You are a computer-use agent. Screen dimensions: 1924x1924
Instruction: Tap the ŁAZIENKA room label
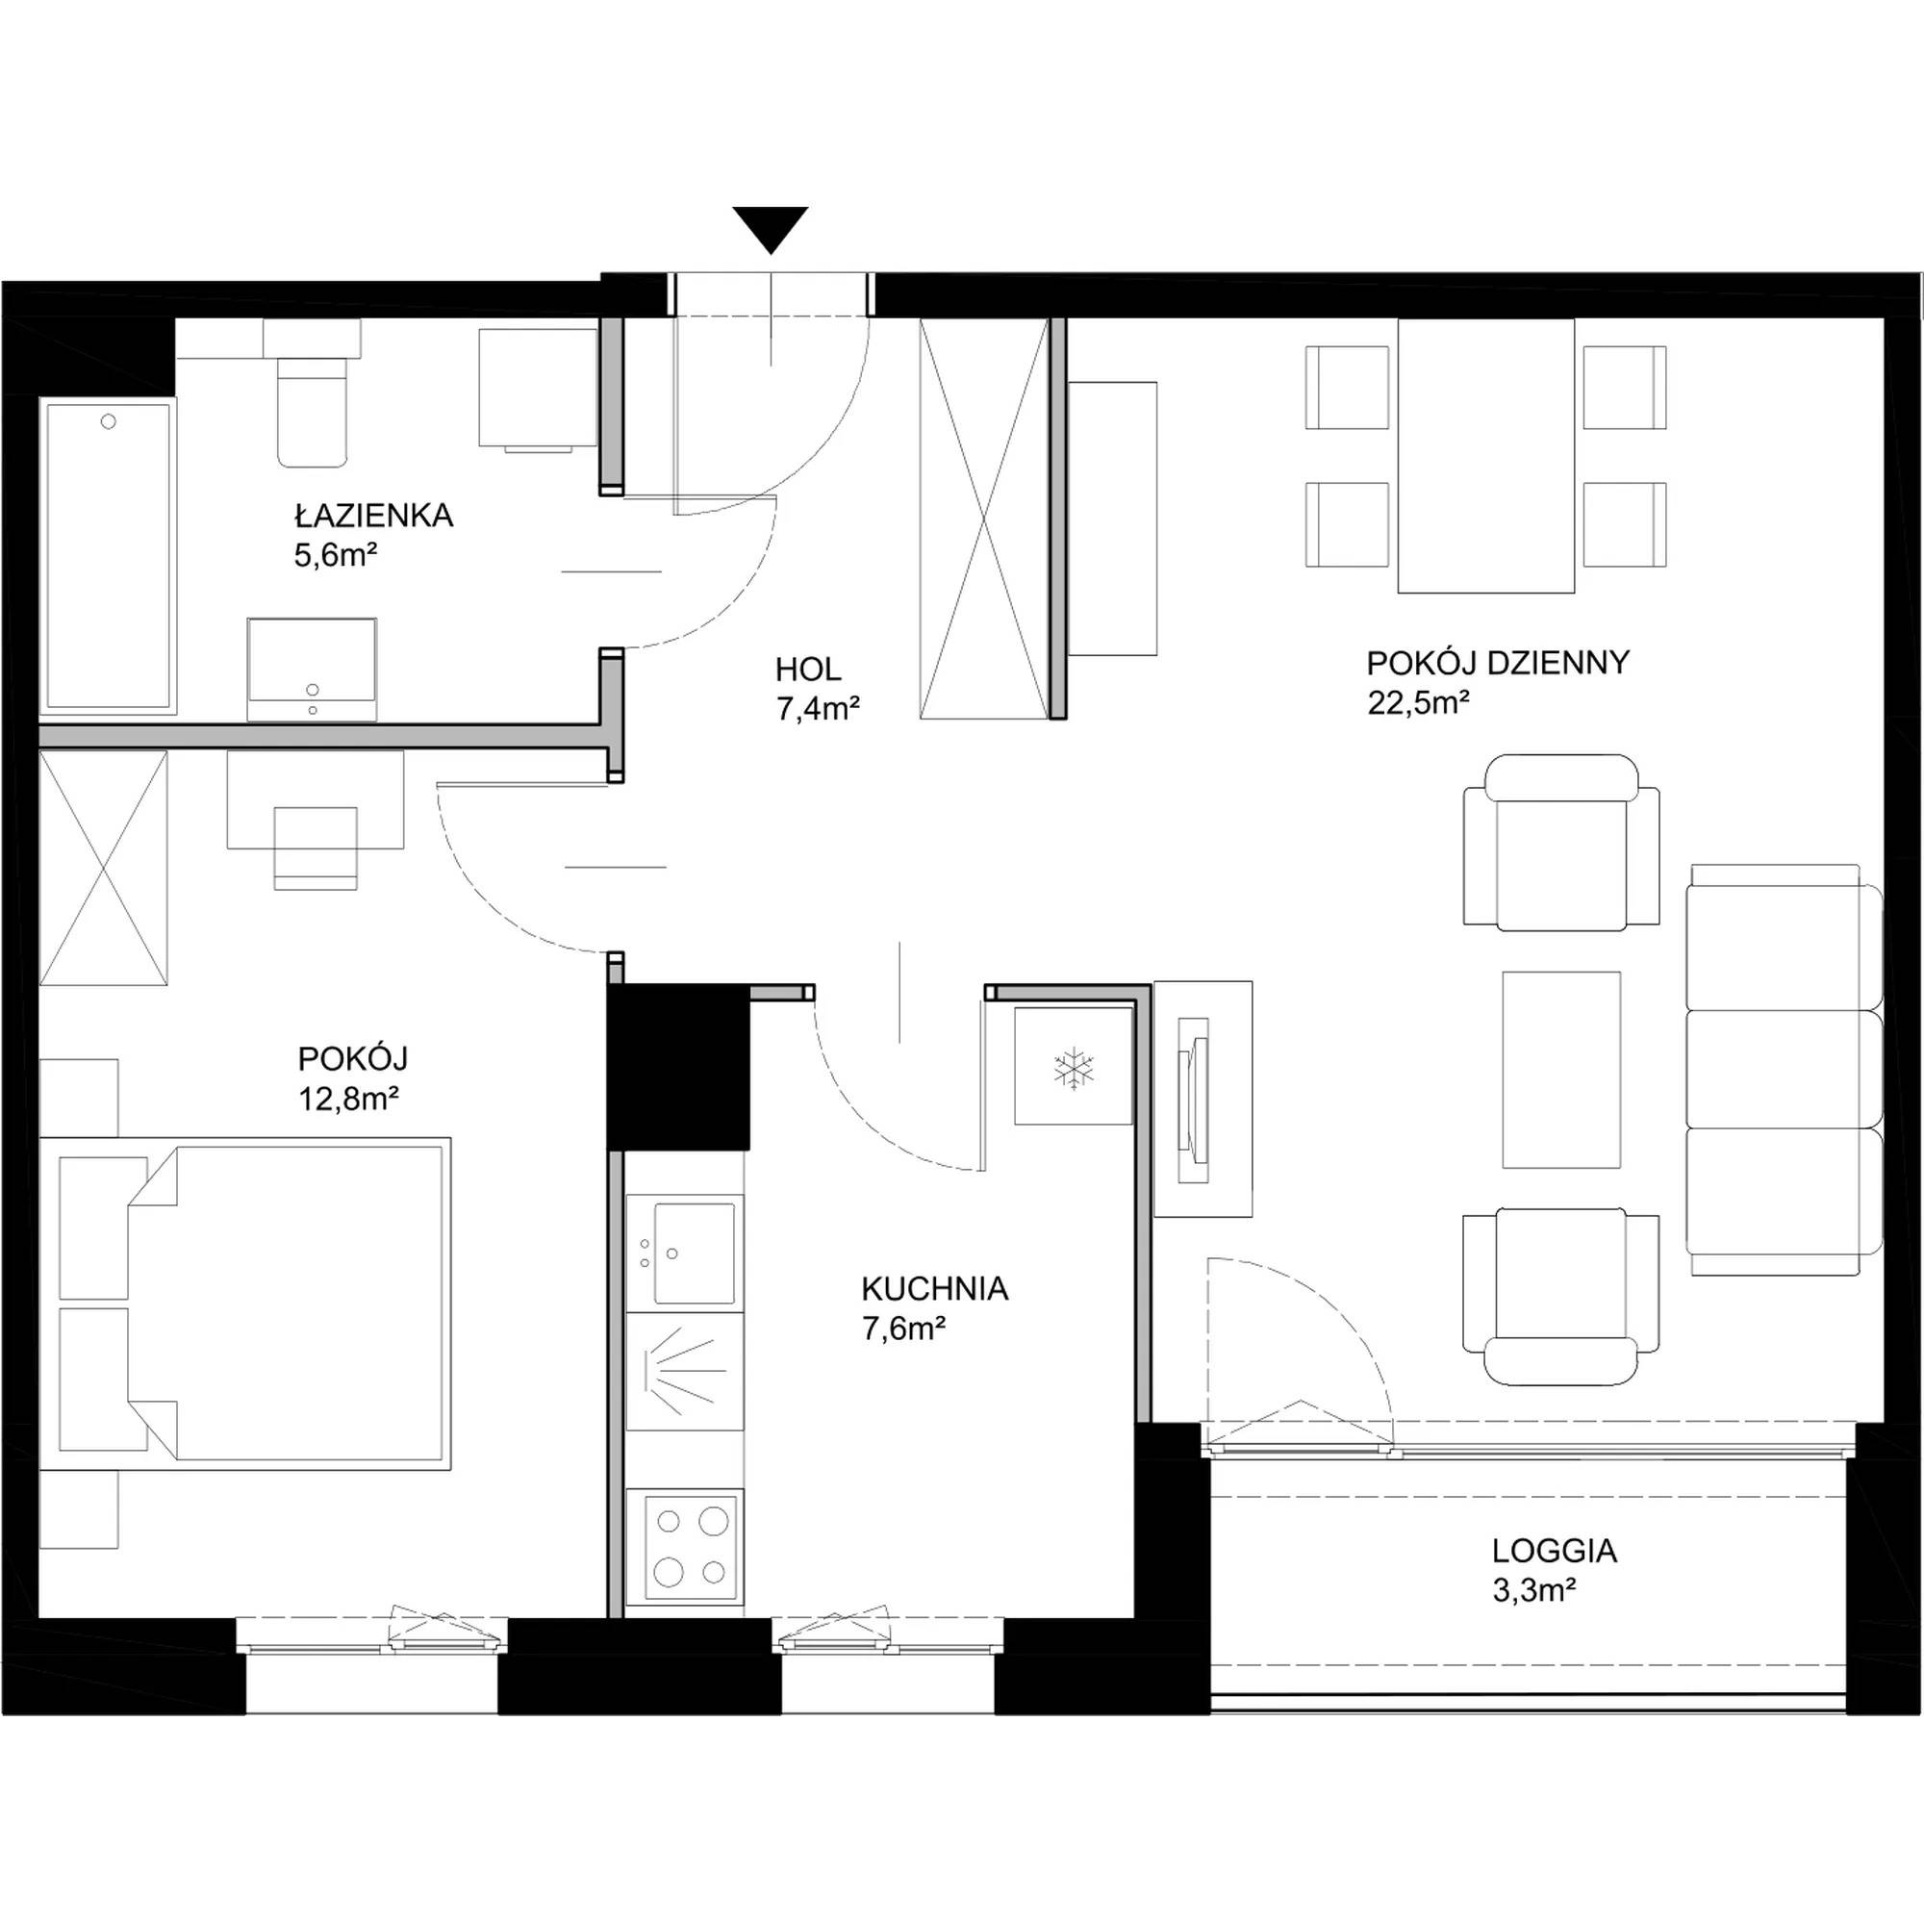pos(373,516)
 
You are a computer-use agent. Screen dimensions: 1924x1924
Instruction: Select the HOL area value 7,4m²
pos(818,708)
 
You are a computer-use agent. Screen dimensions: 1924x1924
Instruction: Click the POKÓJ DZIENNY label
pos(1498,662)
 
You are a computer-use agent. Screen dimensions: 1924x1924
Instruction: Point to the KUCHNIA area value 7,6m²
pos(904,1329)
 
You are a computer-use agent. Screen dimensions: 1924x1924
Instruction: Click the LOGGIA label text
pos(1555,1551)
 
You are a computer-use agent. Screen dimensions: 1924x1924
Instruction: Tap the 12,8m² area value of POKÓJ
pos(348,1099)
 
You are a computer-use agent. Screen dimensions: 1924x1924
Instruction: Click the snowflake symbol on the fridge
pos(1074,1069)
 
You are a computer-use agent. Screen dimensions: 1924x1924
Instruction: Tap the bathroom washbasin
pos(312,670)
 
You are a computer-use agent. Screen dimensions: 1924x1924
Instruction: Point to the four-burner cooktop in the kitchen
pos(685,1547)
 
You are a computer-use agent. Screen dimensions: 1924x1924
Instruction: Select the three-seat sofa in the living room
pos(1785,1070)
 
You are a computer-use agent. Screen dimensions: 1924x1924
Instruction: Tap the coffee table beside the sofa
pos(1561,1070)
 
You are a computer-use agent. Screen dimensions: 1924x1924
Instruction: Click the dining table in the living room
pos(1486,456)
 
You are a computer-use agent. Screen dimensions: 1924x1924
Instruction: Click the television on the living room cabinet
pos(1194,1100)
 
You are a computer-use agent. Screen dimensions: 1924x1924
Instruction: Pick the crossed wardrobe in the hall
pos(984,518)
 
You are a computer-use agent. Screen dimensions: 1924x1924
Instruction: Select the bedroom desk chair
pos(315,848)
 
